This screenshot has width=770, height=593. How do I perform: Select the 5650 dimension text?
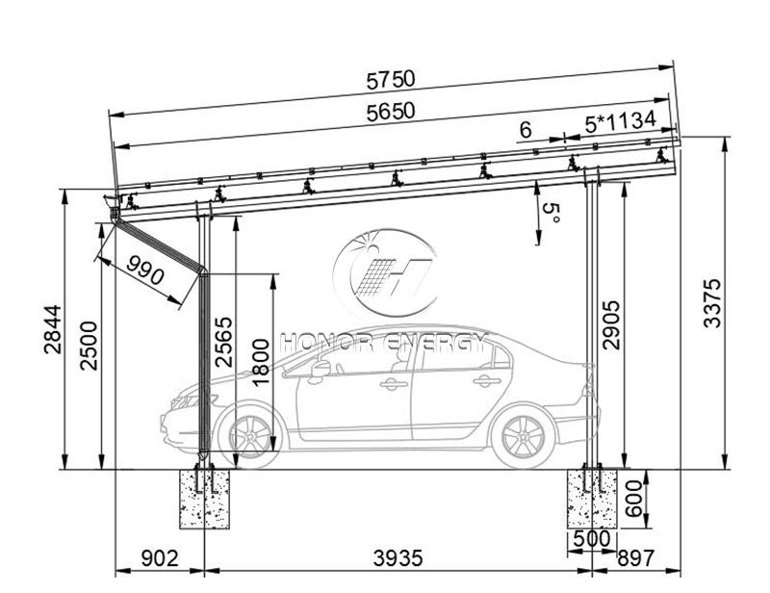pyautogui.click(x=390, y=113)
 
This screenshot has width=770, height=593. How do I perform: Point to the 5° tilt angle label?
pyautogui.click(x=549, y=214)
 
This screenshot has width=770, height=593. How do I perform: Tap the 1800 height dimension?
pyautogui.click(x=259, y=362)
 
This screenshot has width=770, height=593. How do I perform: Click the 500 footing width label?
pyautogui.click(x=591, y=539)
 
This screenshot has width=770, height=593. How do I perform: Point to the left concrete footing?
pyautogui.click(x=204, y=498)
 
